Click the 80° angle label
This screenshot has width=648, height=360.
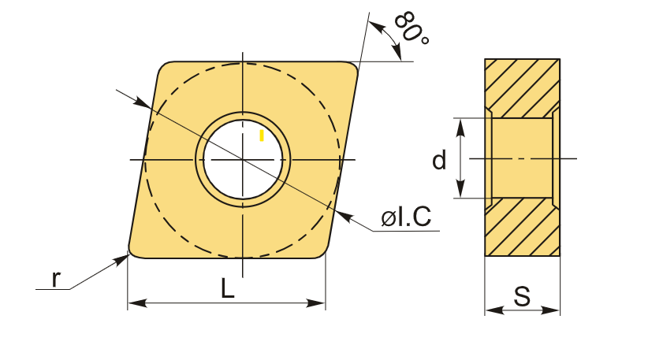[412, 28]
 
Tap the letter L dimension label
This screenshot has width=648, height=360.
[228, 288]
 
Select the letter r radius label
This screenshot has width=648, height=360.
[56, 279]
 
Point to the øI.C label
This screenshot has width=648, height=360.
[406, 216]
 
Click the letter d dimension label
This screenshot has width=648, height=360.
[439, 160]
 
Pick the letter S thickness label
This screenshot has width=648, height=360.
[522, 296]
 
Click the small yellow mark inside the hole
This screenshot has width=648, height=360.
[262, 135]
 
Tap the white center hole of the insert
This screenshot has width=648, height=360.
[243, 159]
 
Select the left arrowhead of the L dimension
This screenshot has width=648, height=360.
[137, 303]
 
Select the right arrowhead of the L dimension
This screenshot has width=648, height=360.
[316, 303]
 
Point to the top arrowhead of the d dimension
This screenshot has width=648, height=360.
[461, 127]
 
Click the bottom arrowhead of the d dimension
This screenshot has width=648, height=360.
[461, 189]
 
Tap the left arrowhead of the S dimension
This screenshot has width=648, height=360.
[494, 310]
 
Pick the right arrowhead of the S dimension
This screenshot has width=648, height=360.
[550, 310]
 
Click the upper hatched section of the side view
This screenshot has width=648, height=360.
[523, 88]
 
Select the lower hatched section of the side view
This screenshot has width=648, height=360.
[523, 227]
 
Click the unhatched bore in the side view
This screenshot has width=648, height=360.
[523, 158]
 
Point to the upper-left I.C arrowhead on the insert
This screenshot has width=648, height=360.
[142, 103]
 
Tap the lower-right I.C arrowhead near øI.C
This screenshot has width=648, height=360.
[344, 217]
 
